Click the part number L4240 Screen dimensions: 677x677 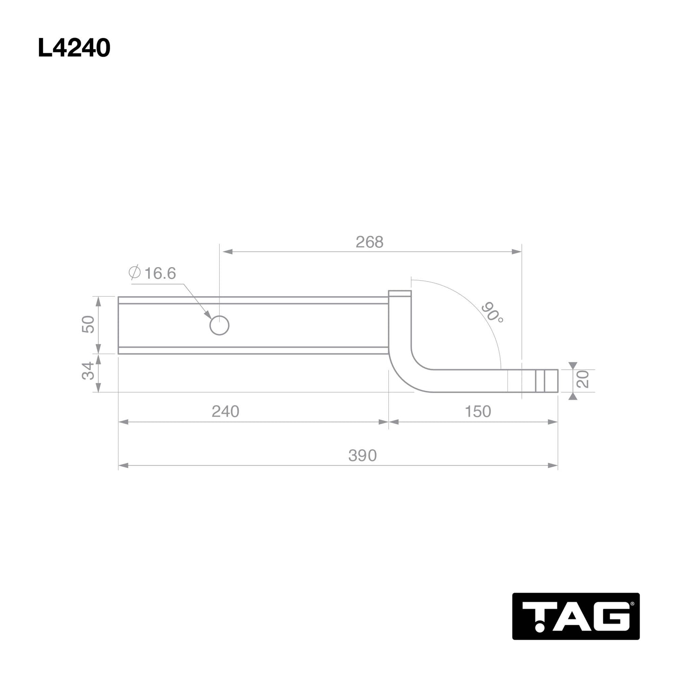pos(74,48)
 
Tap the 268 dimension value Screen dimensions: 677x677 pos(369,242)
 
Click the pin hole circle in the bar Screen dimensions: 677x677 pos(219,325)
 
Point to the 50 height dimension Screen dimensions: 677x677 pos(88,324)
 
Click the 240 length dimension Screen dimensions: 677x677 pos(225,411)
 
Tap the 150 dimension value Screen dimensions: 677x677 pos(477,411)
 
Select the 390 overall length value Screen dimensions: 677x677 pos(362,455)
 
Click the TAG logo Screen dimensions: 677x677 pos(576,616)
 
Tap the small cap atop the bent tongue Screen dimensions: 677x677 pos(400,294)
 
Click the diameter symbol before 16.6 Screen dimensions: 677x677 pos(134,272)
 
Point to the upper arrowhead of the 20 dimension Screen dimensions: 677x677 pos(573,365)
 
